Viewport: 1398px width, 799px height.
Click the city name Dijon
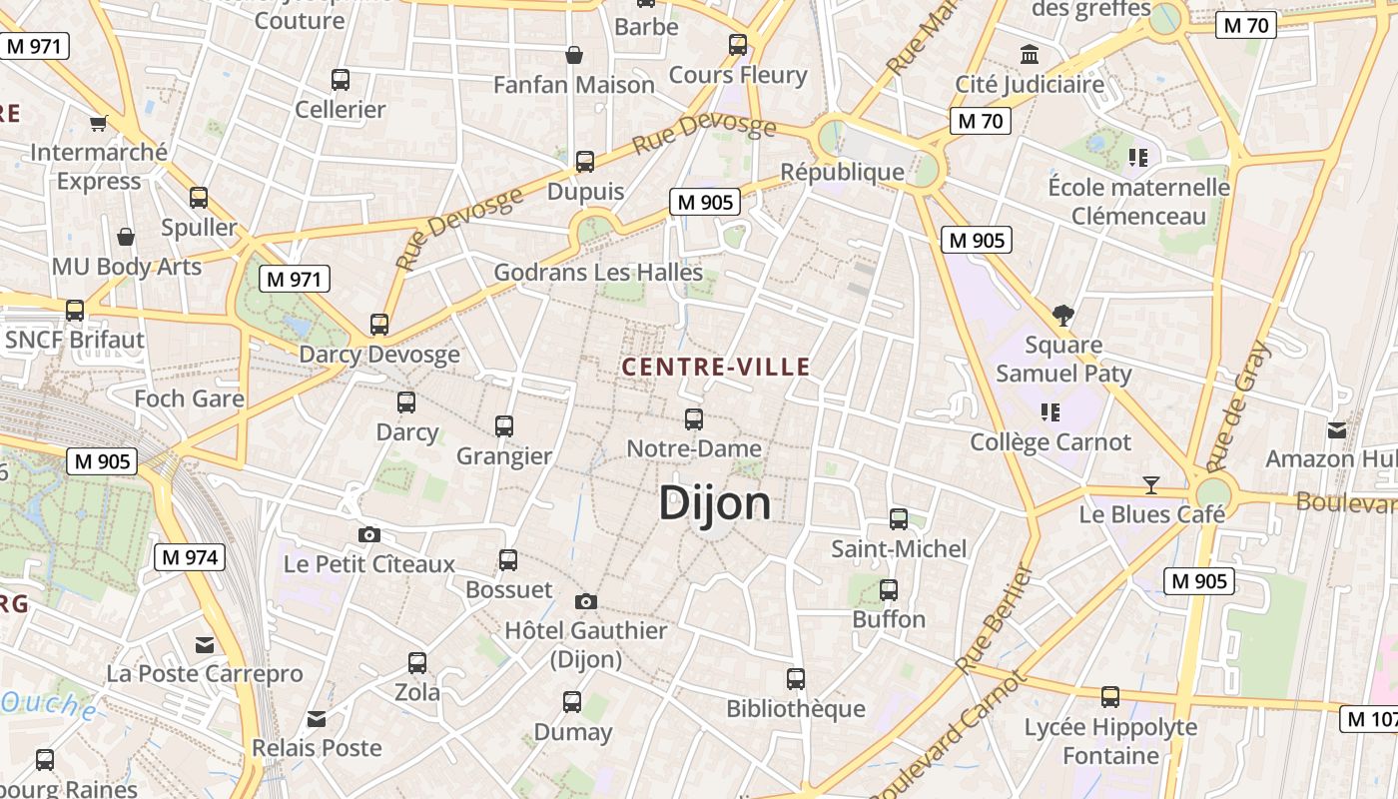coord(715,503)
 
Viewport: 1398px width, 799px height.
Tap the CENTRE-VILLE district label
coord(715,368)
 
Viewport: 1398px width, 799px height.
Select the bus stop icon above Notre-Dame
coord(694,419)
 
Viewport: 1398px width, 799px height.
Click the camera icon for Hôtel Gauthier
coord(586,601)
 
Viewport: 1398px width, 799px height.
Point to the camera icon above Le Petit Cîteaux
coord(369,535)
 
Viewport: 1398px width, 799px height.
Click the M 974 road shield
coord(189,557)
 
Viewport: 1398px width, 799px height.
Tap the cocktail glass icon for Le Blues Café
coord(1151,485)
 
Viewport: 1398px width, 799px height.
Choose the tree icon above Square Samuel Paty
coord(1063,316)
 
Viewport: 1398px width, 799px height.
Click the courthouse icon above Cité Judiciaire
coord(1030,54)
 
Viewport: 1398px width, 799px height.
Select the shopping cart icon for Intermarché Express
coord(98,124)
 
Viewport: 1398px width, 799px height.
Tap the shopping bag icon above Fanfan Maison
coord(574,55)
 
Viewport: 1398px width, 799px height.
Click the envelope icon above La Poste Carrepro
coord(205,645)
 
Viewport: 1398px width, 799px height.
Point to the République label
coord(842,172)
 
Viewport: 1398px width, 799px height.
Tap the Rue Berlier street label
coord(994,620)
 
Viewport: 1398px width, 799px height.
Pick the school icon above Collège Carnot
coord(1049,411)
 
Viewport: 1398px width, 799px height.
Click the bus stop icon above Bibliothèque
coord(796,679)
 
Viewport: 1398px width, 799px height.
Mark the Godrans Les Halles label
coord(598,272)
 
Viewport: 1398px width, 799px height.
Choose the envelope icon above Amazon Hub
coord(1337,430)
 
